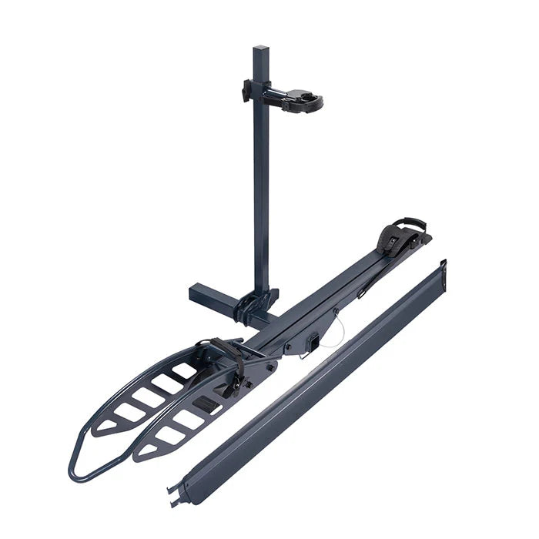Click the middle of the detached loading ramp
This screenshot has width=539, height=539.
click(312, 381)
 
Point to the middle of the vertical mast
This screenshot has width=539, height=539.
click(261, 185)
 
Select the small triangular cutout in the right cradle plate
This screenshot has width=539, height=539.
click(146, 450)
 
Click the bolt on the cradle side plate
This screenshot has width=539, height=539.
click(269, 367)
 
